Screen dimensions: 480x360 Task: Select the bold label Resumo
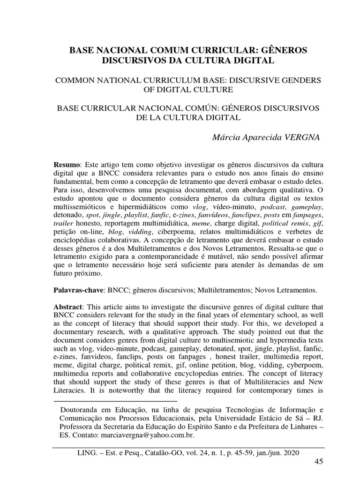pyautogui.click(x=68, y=165)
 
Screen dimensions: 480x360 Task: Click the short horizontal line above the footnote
pyautogui.click(x=116, y=401)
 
